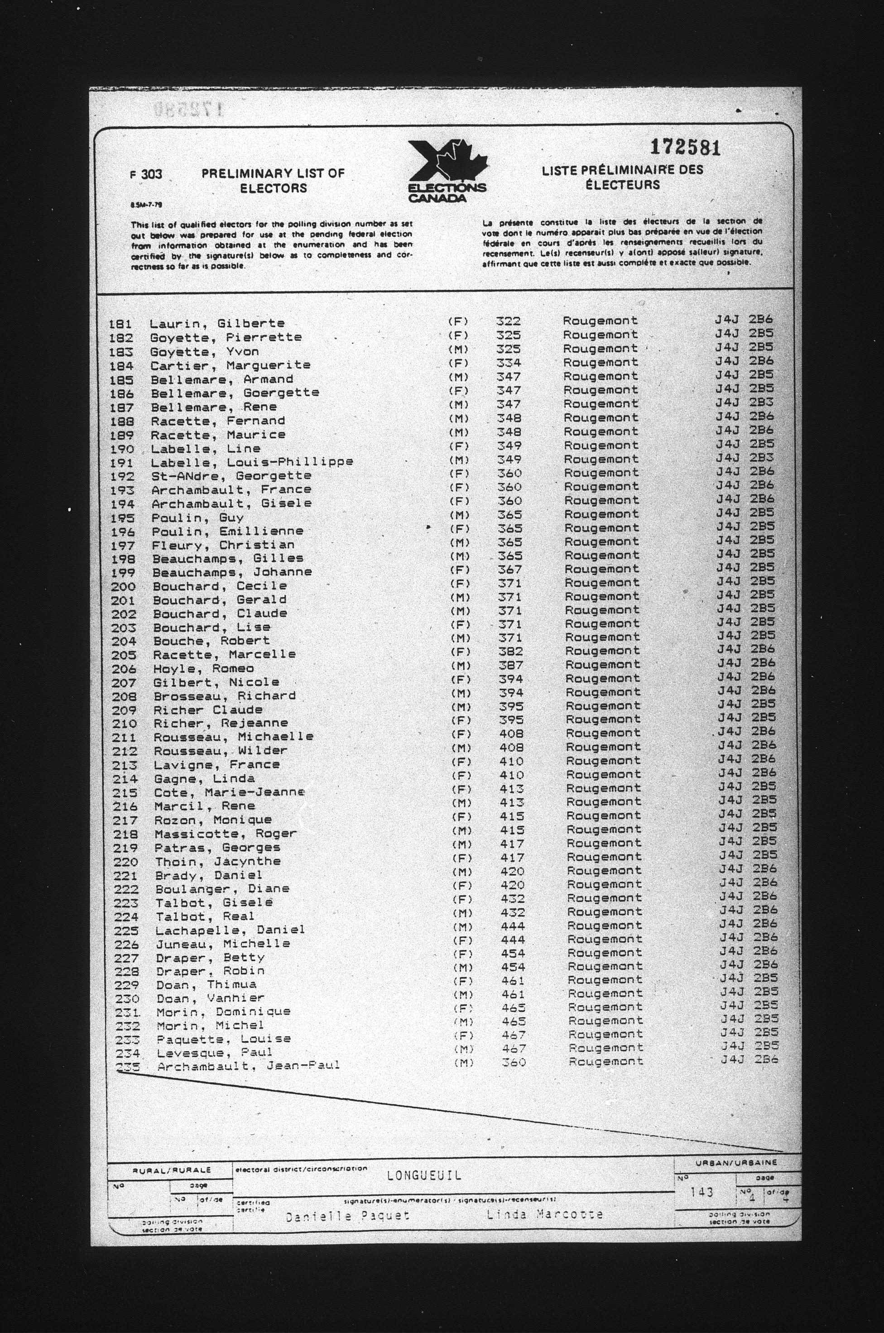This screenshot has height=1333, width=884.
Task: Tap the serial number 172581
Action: click(685, 148)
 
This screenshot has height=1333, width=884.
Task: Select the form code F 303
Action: click(145, 175)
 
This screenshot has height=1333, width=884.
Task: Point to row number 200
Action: click(124, 586)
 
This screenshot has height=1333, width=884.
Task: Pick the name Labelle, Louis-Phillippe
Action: click(251, 462)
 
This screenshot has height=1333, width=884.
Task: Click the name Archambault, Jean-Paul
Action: click(248, 1066)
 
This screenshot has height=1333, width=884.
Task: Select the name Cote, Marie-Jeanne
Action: click(230, 792)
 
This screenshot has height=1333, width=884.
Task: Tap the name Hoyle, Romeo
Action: click(203, 668)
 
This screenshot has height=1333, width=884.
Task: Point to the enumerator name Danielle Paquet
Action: click(348, 1216)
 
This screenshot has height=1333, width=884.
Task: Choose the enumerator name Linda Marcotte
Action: click(545, 1214)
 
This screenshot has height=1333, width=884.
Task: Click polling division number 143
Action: click(702, 1192)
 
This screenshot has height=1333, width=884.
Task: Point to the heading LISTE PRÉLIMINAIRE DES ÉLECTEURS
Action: click(622, 177)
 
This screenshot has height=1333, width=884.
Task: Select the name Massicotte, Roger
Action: click(226, 834)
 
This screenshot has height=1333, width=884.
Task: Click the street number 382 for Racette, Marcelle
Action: click(511, 651)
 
